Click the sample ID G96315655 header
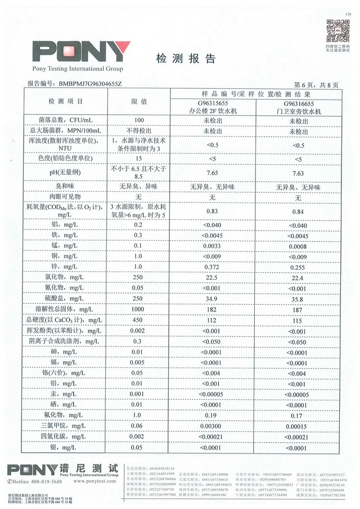pos(212,105)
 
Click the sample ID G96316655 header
pos(298,105)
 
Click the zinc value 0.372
pos(212,267)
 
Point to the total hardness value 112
pos(212,320)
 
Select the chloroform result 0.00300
pos(212,426)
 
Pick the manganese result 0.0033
pos(212,245)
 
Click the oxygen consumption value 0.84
pos(298,211)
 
